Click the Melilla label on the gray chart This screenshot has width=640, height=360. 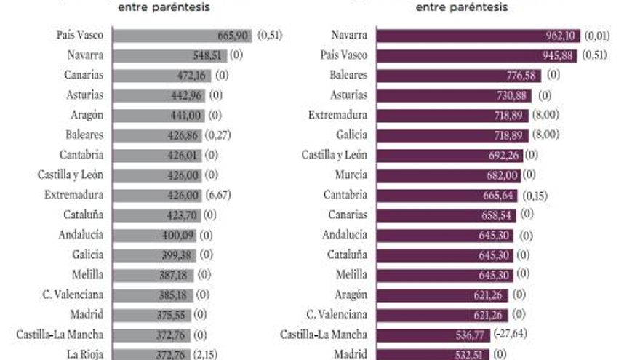(87, 275)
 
